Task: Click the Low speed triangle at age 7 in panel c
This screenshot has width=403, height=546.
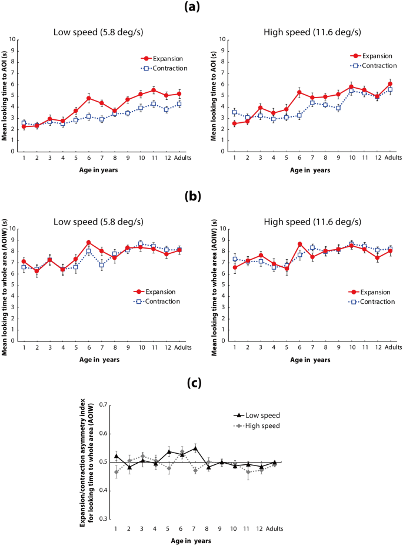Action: pos(195,448)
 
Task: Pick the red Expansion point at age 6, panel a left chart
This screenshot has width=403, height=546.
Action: pos(88,98)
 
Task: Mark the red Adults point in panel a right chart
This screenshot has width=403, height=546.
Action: pos(389,83)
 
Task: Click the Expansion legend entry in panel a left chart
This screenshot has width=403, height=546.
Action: pos(164,59)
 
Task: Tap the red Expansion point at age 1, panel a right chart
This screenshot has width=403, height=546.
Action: pos(235,123)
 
